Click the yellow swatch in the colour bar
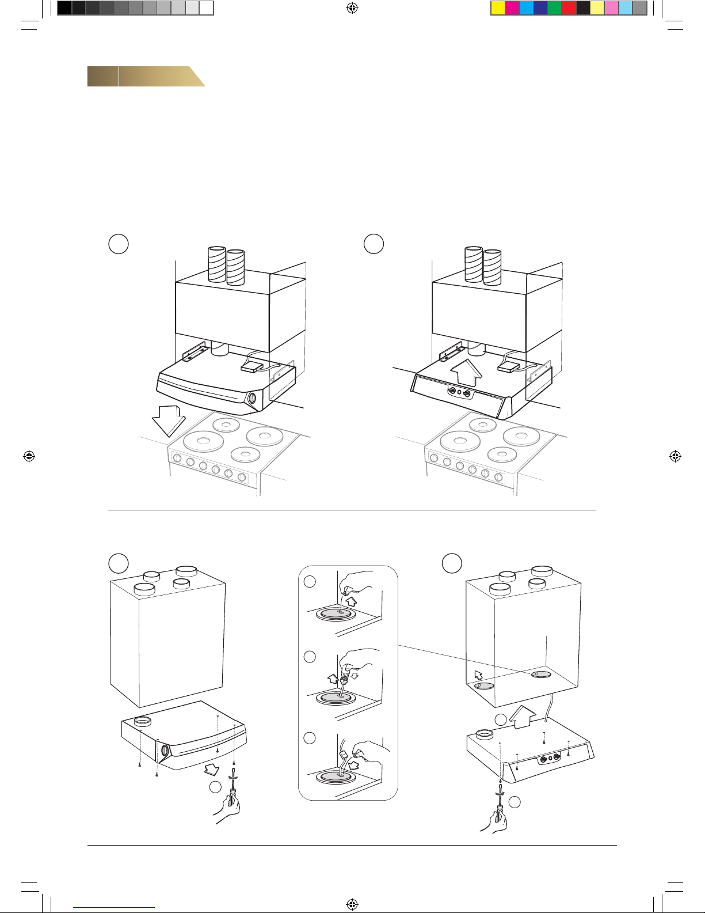point(498,7)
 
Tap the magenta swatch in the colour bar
point(512,7)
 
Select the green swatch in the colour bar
point(555,7)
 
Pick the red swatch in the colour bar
point(569,7)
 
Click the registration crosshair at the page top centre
point(353,8)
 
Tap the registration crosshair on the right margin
point(676,456)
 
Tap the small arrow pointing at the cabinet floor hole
point(478,675)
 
